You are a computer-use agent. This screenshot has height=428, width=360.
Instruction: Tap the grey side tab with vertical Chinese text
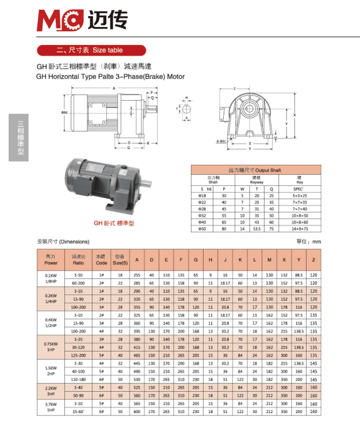20,138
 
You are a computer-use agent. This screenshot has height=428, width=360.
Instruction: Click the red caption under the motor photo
114,223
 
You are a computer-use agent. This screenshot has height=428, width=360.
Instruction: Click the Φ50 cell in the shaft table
202,228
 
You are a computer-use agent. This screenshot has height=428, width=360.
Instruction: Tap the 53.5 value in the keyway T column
256,228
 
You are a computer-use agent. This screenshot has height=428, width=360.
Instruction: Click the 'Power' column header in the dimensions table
51,259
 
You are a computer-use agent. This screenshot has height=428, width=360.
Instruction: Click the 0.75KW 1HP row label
51,347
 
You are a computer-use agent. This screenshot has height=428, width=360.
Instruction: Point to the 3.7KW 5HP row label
51,408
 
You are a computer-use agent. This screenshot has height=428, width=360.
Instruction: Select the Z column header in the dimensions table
313,259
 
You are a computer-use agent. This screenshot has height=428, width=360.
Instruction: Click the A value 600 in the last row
137,412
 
